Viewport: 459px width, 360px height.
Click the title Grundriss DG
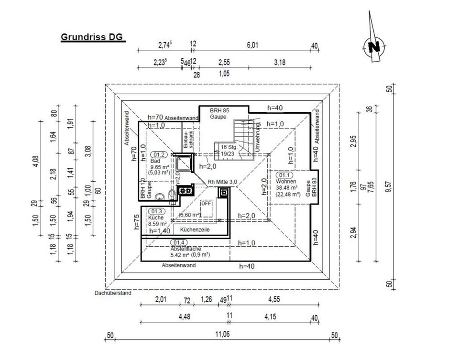click(92, 37)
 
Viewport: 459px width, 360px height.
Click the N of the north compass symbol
click(374, 47)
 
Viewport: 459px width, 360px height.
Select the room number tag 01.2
click(158, 155)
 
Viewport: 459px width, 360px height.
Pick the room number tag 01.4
click(178, 242)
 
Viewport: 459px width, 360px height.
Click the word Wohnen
click(286, 182)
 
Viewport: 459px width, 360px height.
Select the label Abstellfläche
click(186, 249)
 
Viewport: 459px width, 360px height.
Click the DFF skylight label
click(206, 203)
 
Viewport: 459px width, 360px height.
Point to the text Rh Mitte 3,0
click(222, 181)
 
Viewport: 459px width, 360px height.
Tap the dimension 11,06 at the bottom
click(222, 334)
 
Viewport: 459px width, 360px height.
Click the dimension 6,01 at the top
click(252, 45)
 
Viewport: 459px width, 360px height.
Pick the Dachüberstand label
click(113, 293)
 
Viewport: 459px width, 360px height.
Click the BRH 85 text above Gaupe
click(220, 110)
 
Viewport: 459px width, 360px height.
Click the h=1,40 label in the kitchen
click(160, 230)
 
